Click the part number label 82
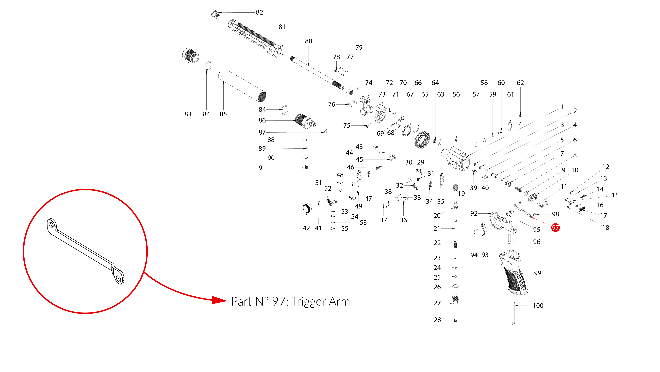[259, 12]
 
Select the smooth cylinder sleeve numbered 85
[242, 85]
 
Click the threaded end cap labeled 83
[191, 55]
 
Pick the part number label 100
[538, 306]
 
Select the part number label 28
[437, 320]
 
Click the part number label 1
[562, 107]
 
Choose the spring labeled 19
[455, 187]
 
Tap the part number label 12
[606, 167]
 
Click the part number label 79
[359, 47]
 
